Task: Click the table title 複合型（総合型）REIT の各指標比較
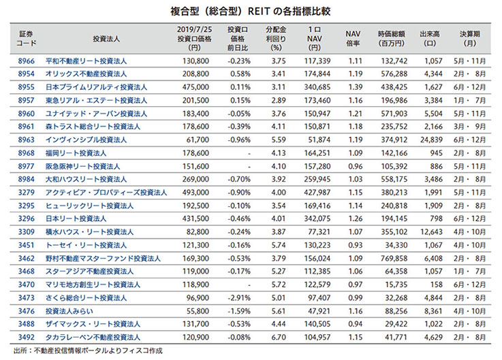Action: pos(251,12)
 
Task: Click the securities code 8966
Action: pos(26,61)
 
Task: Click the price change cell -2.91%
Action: pos(238,297)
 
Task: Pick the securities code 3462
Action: pos(26,259)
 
